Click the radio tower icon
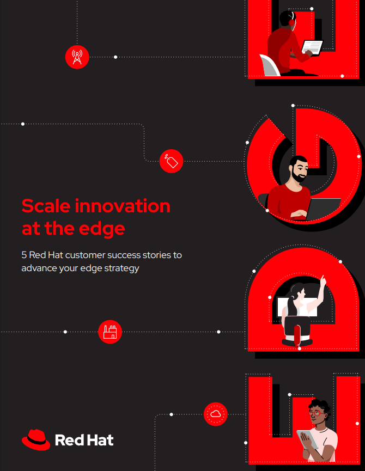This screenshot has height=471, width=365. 77,57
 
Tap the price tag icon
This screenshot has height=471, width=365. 171,161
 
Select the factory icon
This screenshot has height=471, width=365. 110,332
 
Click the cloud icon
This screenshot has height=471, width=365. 216,414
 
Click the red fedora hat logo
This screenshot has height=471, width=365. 36,440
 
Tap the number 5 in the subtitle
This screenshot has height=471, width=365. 24,255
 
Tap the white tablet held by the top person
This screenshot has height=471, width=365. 312,47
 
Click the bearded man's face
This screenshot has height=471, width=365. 299,170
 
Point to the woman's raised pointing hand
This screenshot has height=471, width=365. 323,280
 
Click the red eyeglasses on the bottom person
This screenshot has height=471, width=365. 317,413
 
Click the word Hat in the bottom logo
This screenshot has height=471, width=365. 100,441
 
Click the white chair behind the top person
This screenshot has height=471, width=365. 270,65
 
